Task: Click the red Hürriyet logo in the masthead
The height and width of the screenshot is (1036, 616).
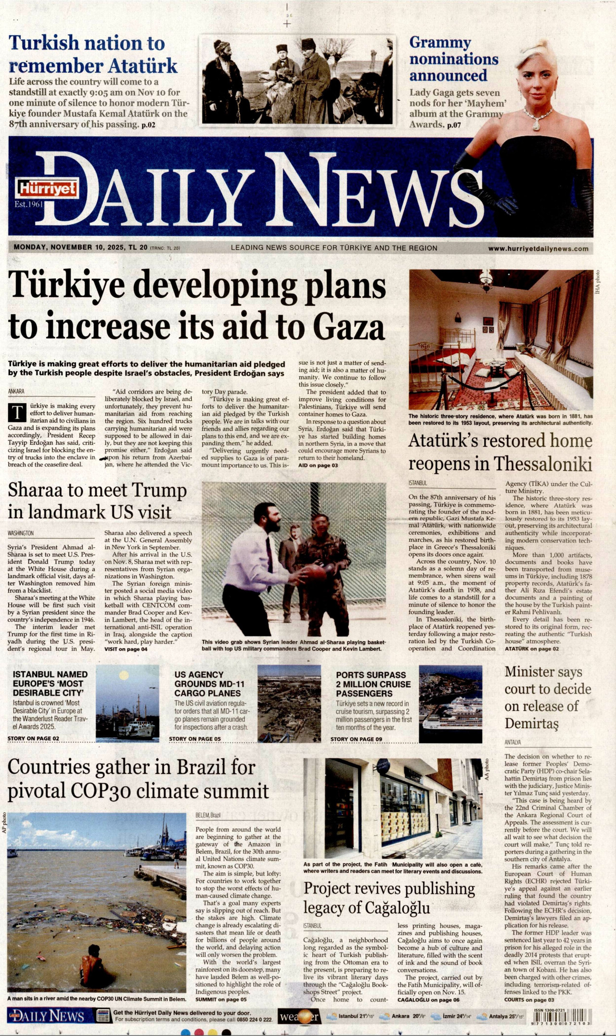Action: click(x=47, y=188)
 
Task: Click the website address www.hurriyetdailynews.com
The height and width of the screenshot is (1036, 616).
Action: click(x=538, y=249)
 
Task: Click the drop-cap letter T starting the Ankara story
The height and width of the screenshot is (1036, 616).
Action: click(x=18, y=413)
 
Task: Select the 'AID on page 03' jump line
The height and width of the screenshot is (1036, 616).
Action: click(x=318, y=466)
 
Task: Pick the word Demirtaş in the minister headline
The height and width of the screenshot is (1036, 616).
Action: click(x=531, y=723)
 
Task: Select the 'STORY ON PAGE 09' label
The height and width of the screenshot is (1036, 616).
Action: click(x=356, y=739)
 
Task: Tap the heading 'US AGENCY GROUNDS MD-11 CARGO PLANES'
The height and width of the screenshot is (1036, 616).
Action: click(x=209, y=683)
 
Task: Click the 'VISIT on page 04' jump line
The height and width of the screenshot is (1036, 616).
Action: click(x=126, y=649)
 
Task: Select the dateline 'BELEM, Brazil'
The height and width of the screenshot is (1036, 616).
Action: click(x=208, y=815)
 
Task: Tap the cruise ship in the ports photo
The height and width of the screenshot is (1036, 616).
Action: click(x=452, y=713)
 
